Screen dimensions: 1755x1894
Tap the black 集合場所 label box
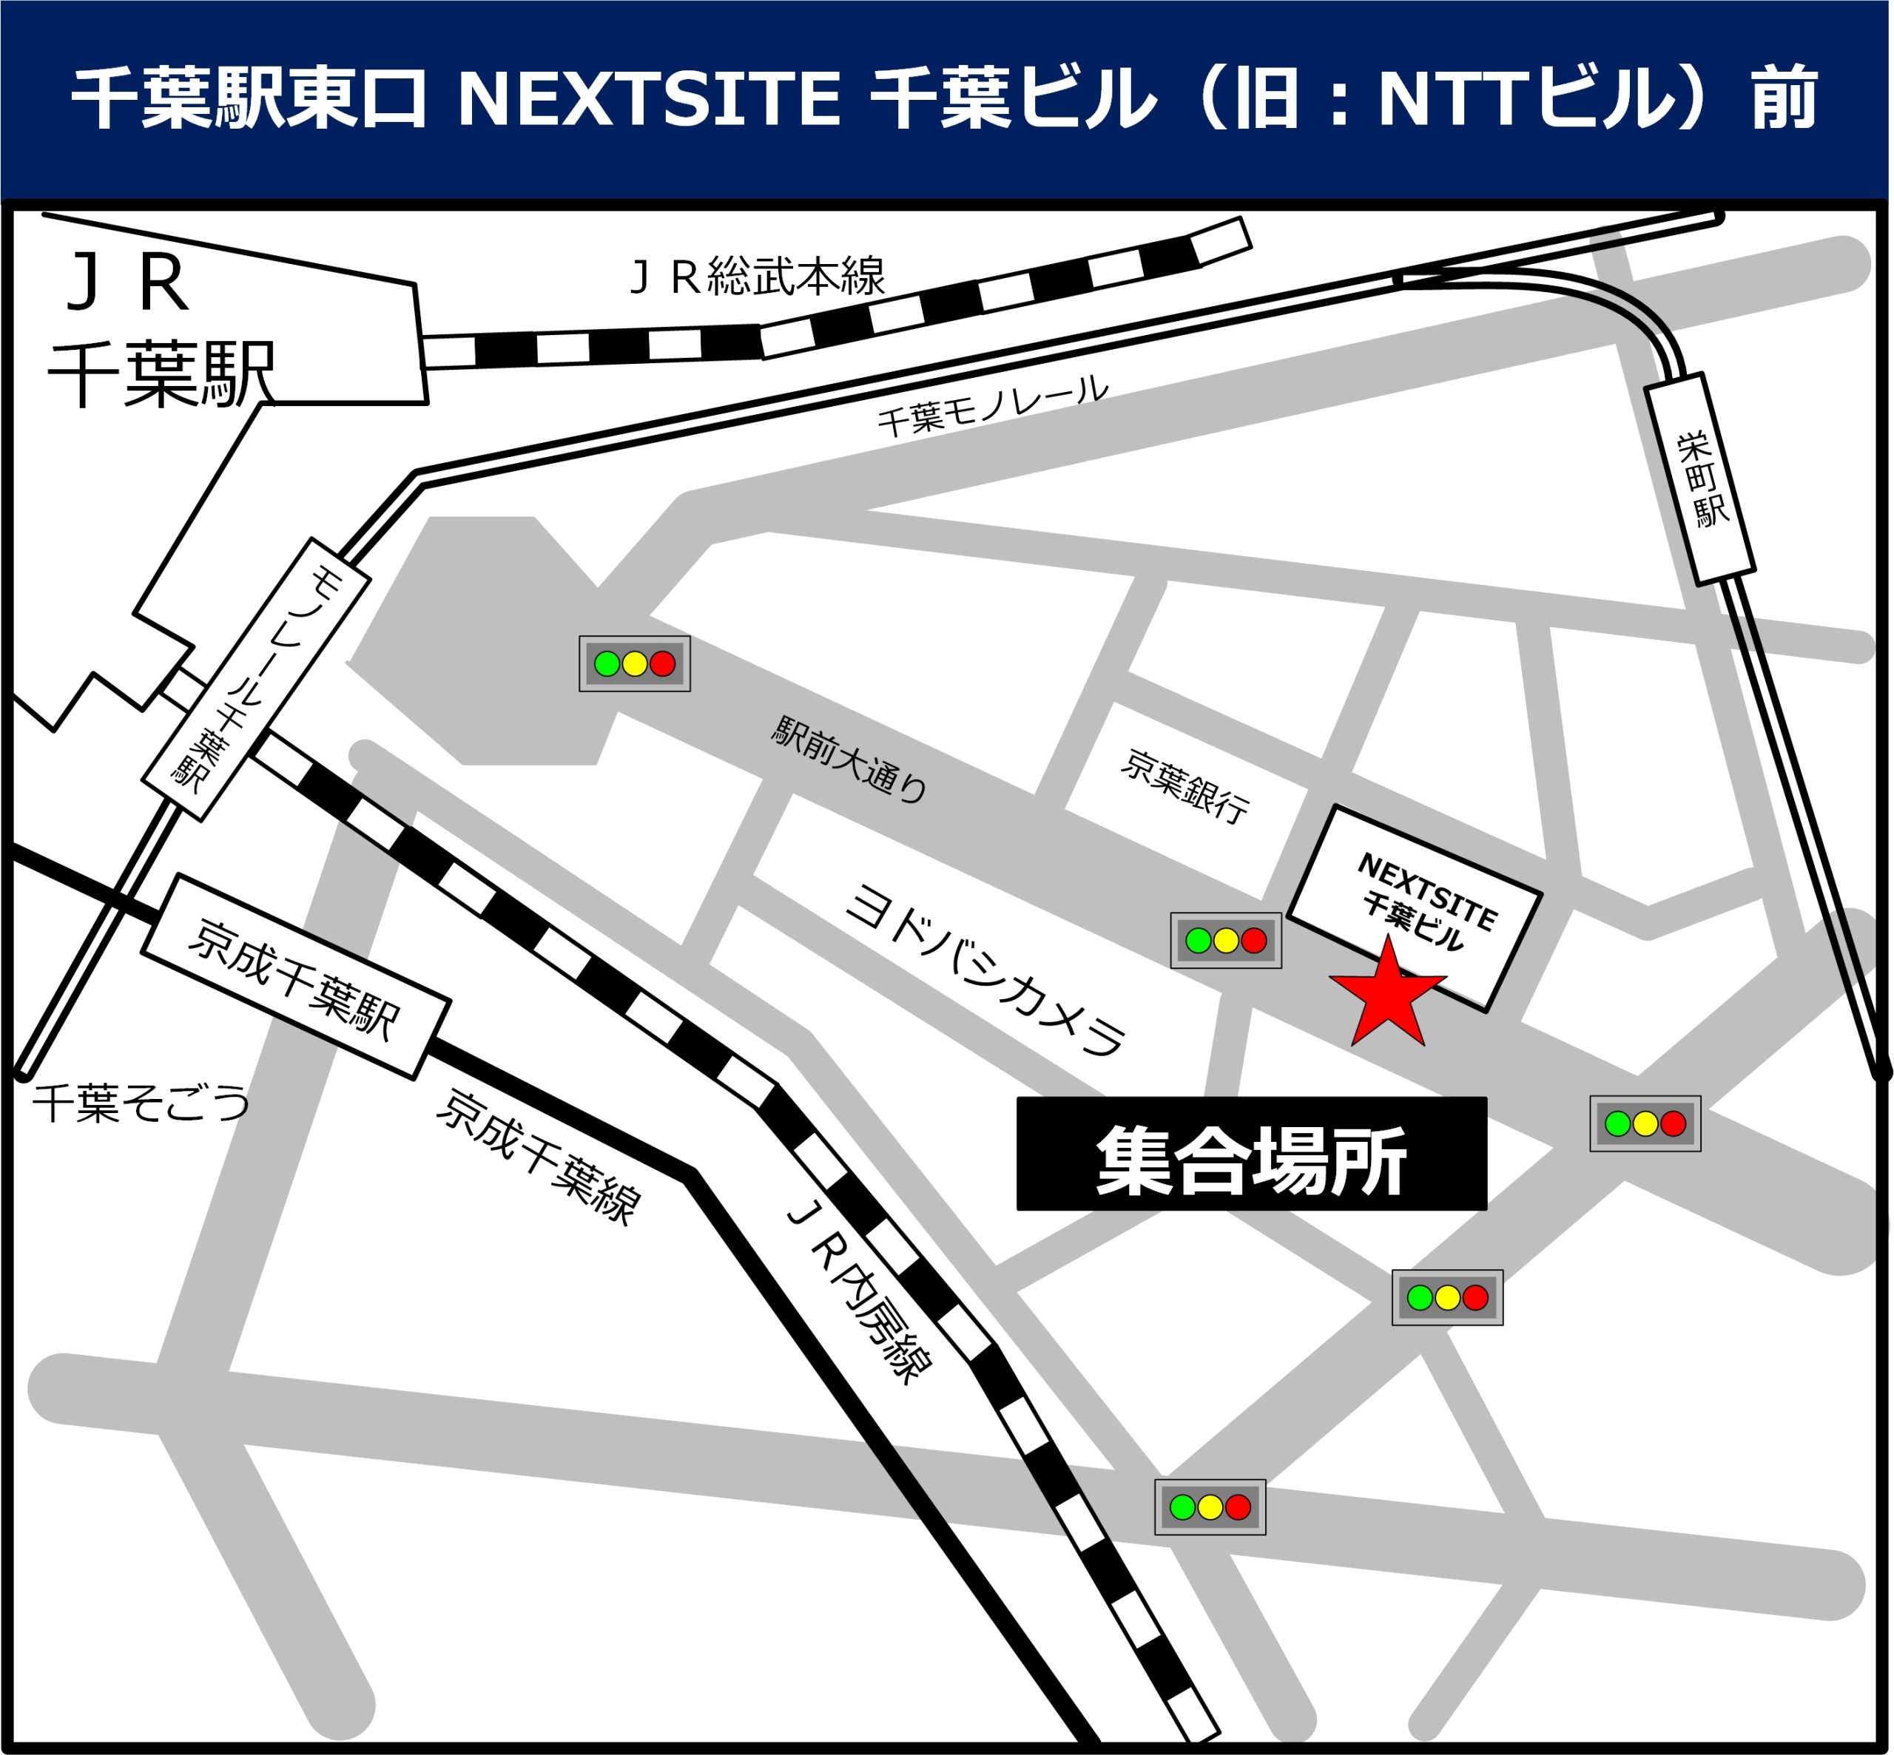coord(1251,1153)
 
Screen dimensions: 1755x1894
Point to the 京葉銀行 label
coord(1184,785)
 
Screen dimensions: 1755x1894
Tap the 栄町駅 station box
coord(1699,479)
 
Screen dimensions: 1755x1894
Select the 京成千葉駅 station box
coord(295,976)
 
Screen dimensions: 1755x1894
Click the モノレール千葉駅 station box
coord(255,678)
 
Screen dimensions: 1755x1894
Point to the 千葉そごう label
coord(141,1103)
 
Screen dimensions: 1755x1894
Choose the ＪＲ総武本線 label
coord(757,277)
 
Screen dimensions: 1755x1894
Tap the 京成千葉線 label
coord(539,1157)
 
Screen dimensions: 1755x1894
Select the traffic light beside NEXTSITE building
coord(1225,940)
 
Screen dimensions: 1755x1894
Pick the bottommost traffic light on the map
coord(1209,1507)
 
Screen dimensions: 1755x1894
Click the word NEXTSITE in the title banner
coord(649,98)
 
